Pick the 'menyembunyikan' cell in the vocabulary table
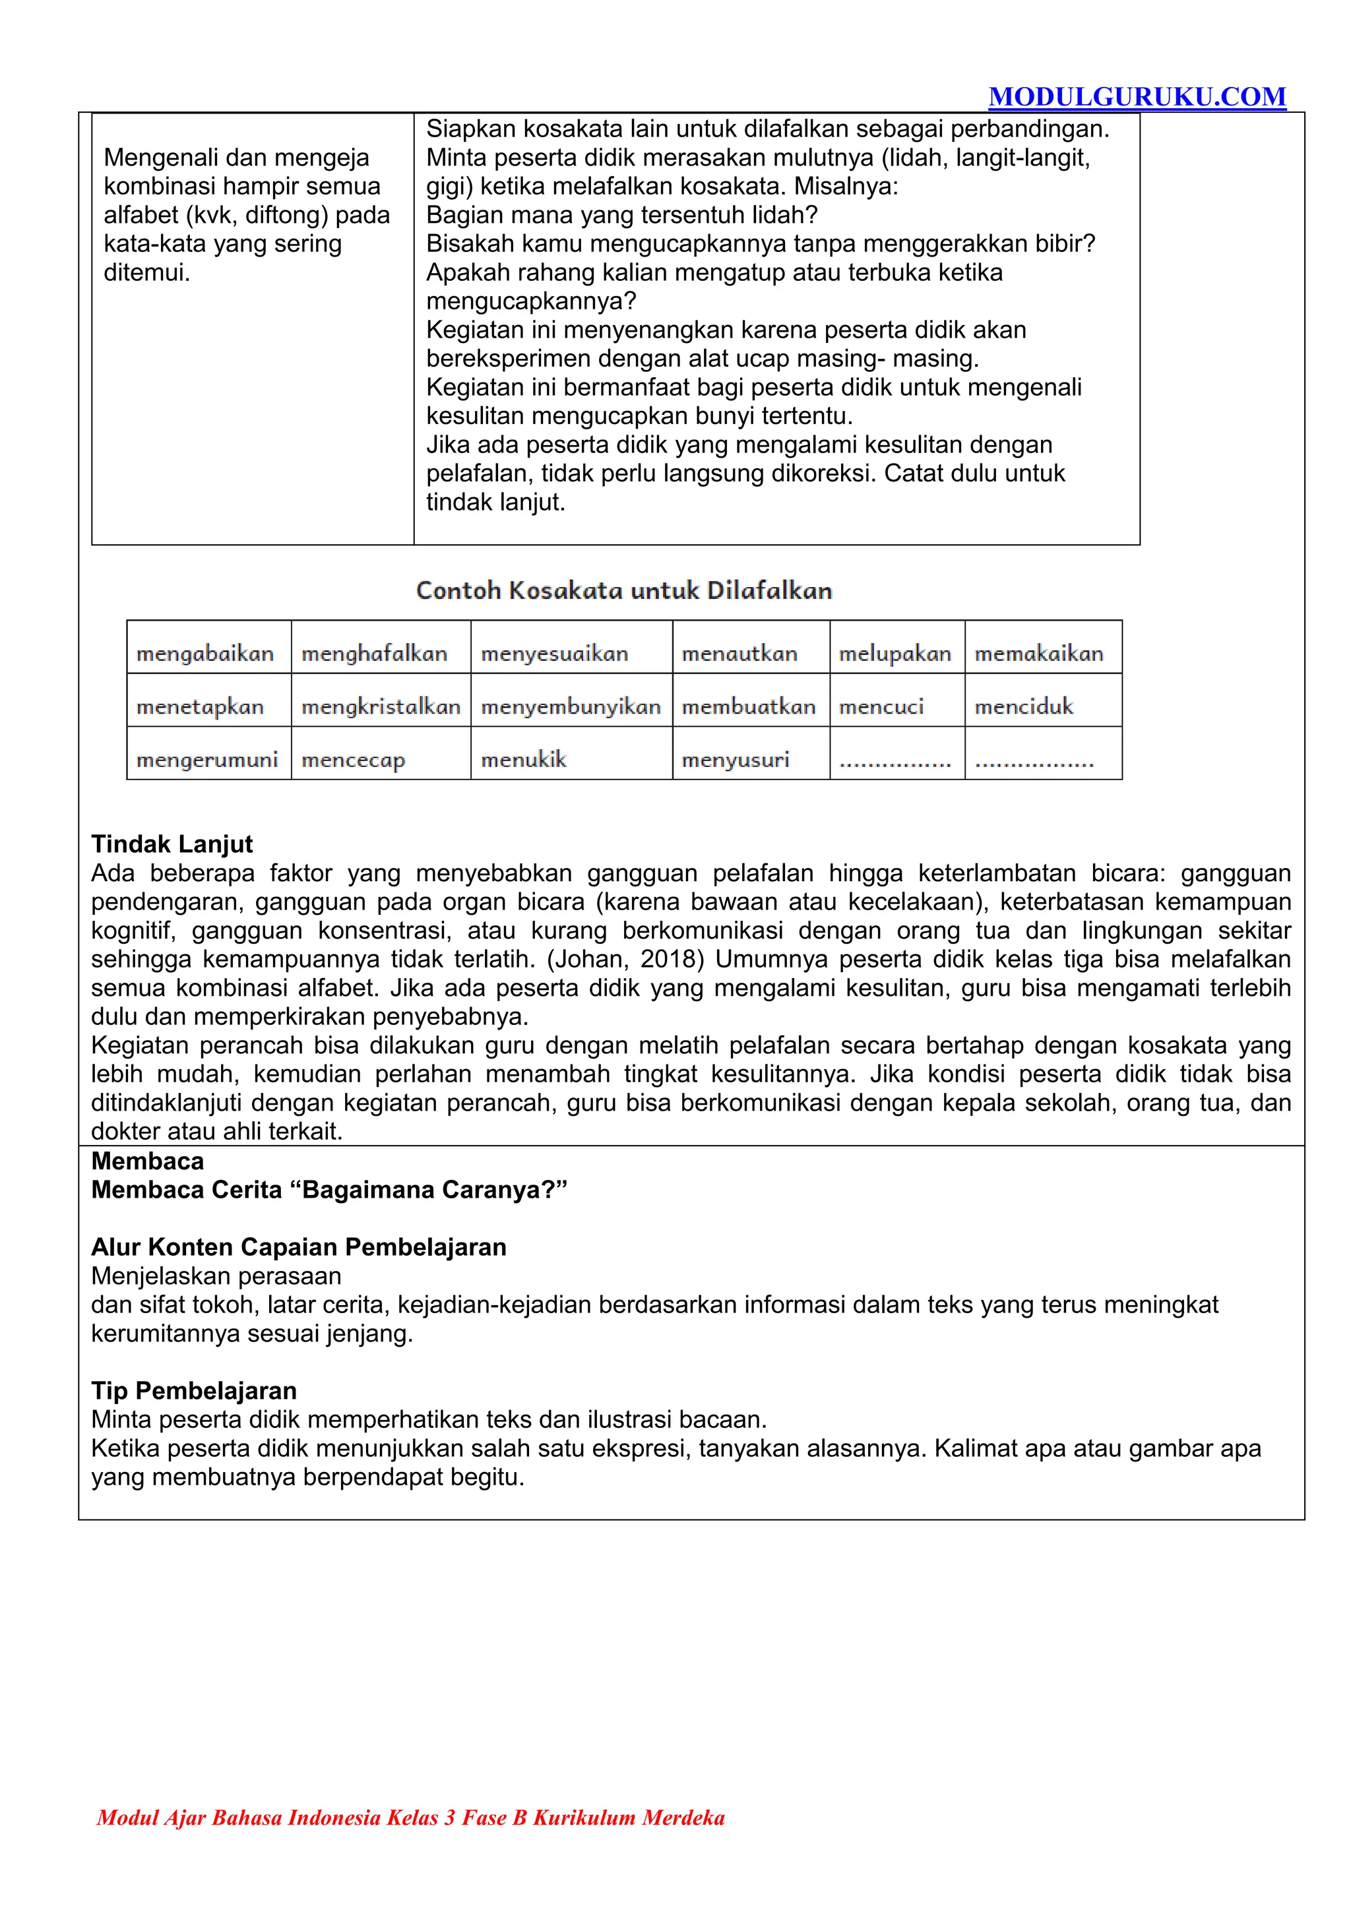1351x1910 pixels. pos(571,707)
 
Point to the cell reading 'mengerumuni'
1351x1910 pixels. pos(207,760)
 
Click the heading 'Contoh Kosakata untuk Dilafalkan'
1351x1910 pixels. pos(624,591)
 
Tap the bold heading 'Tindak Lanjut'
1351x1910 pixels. pos(172,844)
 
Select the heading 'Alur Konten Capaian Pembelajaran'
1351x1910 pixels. pos(299,1247)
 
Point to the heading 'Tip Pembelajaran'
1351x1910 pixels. pos(194,1390)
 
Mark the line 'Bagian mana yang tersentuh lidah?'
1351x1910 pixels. pos(621,214)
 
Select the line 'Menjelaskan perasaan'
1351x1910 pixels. pos(216,1276)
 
